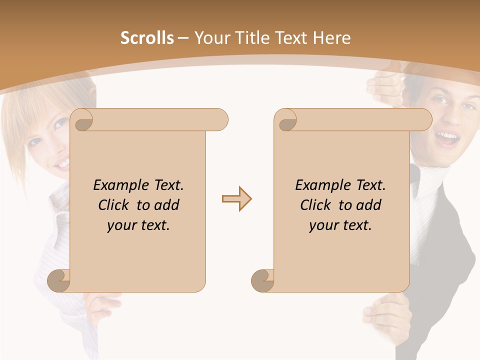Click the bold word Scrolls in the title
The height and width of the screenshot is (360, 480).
click(147, 38)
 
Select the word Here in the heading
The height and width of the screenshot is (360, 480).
click(331, 38)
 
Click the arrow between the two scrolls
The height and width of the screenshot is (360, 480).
click(236, 199)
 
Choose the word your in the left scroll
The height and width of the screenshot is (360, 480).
click(120, 225)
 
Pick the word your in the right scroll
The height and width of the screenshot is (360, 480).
click(322, 225)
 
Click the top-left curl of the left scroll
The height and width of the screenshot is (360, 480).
click(81, 120)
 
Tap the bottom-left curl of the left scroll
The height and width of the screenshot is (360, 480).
click(58, 280)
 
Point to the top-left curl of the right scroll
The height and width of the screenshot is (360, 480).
click(286, 120)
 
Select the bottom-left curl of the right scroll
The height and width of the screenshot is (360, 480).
click(262, 280)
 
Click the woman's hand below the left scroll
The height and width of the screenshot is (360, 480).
click(102, 305)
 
